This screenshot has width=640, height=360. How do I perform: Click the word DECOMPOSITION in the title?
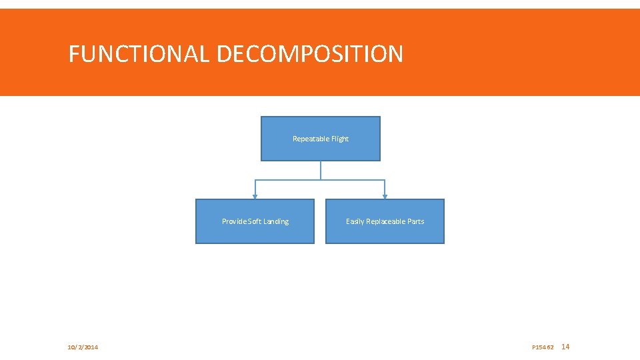tap(309, 54)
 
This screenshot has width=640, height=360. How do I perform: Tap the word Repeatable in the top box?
tap(311, 139)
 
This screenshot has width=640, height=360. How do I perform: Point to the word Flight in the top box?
tap(340, 139)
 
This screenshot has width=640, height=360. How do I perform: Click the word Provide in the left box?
tap(233, 221)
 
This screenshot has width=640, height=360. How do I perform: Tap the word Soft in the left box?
tap(254, 221)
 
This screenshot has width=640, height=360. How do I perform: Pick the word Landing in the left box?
tap(276, 221)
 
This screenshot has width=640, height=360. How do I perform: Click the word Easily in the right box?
tap(356, 221)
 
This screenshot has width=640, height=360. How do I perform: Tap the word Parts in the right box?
tap(415, 221)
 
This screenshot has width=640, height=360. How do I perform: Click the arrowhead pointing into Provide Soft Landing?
tap(255, 197)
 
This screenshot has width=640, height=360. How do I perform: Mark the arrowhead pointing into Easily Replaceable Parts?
tap(385, 197)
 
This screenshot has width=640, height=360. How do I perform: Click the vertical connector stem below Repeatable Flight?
tap(321, 170)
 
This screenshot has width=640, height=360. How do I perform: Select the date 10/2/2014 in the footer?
tap(83, 347)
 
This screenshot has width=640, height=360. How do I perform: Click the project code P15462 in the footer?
tap(543, 347)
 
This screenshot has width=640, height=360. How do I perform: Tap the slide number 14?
tap(566, 347)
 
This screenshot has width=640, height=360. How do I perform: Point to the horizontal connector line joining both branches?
tap(287, 180)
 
